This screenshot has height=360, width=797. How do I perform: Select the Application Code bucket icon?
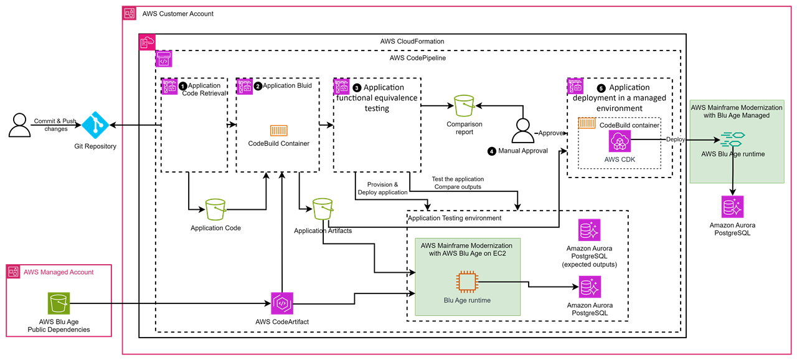click(215, 210)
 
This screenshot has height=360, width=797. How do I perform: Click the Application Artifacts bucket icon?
click(323, 210)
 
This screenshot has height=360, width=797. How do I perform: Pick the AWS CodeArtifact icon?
click(282, 303)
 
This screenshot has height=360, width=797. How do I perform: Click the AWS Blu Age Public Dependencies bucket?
click(59, 304)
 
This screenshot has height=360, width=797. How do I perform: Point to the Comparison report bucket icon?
click(465, 106)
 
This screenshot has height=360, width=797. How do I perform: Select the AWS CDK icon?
click(620, 141)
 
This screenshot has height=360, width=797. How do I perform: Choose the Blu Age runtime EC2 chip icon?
click(467, 282)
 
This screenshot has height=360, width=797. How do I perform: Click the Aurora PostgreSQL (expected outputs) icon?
click(589, 230)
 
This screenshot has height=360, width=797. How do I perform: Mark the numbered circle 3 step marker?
click(357, 88)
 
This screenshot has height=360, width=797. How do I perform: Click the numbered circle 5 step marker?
click(601, 88)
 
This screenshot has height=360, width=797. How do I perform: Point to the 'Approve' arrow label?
click(550, 133)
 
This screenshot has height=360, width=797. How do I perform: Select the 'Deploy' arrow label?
click(676, 140)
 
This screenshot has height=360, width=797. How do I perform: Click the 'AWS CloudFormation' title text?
click(412, 41)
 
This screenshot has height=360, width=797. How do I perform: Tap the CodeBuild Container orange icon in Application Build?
click(278, 131)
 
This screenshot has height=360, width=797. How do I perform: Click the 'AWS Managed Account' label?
click(59, 272)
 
